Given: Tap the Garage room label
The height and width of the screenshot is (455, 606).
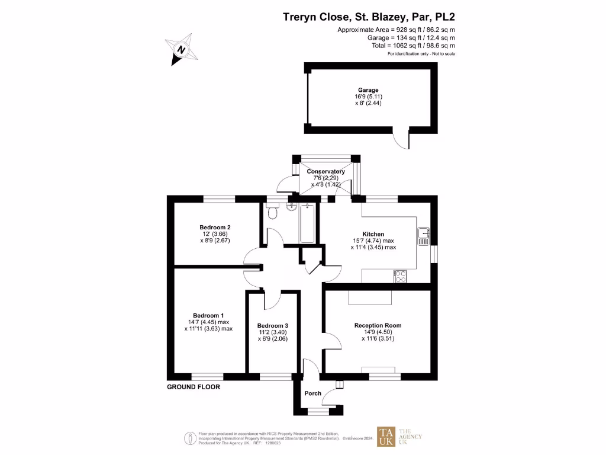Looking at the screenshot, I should pos(368,90).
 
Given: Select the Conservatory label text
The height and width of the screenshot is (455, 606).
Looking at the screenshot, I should pos(325,172).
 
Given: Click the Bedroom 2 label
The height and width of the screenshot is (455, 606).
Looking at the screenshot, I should pos(215,227).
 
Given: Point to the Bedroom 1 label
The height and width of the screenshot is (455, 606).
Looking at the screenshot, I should pos(208,315).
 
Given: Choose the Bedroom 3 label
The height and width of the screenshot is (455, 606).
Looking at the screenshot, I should pos(272,326).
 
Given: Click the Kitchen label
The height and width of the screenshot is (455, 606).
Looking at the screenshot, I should pos(373,235).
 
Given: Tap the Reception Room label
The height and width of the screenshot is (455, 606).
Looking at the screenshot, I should pos(378,325).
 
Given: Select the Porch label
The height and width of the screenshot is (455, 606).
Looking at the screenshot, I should pos(312,393).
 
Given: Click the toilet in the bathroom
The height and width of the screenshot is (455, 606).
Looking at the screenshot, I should pos(272,212).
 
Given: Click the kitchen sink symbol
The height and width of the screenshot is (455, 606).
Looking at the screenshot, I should pos(423,236).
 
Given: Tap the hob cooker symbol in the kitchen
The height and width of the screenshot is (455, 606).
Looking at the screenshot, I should pos(400,275).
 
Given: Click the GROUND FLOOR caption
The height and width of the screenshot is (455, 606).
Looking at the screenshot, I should pos(193,387).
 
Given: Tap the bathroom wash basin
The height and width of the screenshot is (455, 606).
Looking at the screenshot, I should pos(291,207).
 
